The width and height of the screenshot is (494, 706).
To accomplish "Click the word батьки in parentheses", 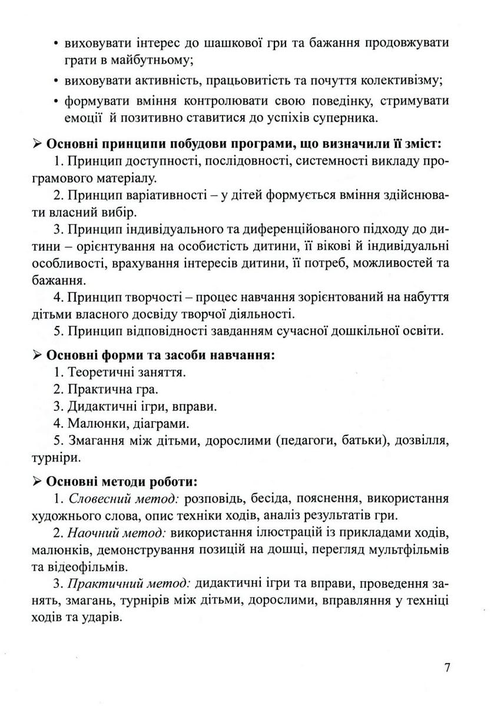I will point(344,441).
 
